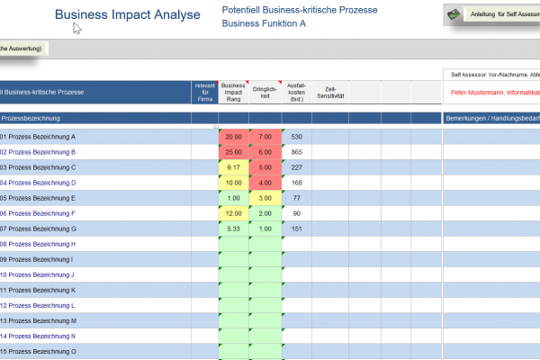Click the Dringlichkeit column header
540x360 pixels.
(265, 91)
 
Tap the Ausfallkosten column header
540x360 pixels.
(296, 91)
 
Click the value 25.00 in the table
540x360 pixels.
(233, 152)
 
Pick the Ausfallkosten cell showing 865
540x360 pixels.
(296, 152)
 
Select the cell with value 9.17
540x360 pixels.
(233, 167)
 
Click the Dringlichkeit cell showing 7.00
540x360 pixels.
(265, 137)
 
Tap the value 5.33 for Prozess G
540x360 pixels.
(233, 229)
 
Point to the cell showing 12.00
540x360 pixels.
(233, 213)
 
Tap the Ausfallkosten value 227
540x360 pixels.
(296, 167)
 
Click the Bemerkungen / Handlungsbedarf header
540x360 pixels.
(490, 118)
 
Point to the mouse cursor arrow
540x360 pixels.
(77, 28)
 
